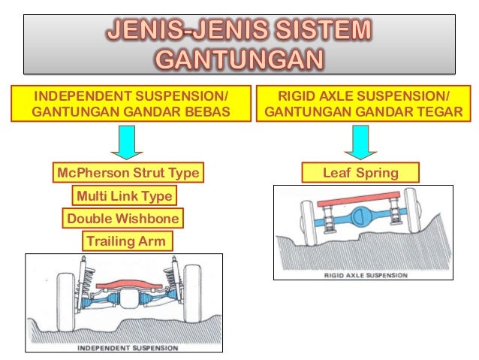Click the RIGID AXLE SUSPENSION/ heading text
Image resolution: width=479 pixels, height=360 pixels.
coord(363,96)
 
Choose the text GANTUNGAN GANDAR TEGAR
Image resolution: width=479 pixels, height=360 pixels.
coord(363,113)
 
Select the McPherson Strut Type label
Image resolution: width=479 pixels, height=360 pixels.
coord(128,174)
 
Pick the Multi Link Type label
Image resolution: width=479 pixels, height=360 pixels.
coord(124,197)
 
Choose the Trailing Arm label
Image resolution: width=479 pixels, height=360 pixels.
coord(125,241)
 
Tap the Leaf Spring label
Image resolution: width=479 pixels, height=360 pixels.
coord(360,174)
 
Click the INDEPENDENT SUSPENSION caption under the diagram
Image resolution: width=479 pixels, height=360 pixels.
coord(128,348)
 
